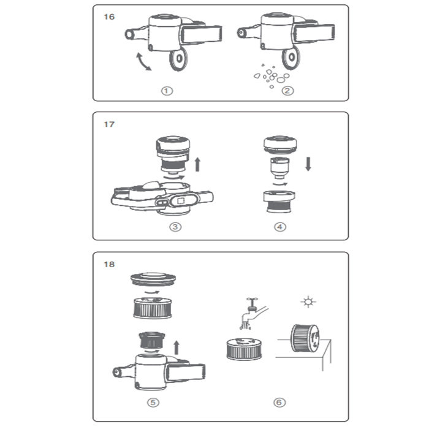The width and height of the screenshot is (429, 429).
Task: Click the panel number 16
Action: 109,17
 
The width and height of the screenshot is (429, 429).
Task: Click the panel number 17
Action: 109,124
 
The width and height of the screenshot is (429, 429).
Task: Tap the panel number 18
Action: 109,265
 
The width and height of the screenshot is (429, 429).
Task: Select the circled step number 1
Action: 167,91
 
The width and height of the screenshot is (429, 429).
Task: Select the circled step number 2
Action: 287,91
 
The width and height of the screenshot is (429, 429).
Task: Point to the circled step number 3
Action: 175,227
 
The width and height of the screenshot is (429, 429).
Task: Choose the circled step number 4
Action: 280,227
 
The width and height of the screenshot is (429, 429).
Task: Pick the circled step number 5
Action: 153,403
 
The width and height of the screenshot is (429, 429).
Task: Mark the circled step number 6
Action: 279,403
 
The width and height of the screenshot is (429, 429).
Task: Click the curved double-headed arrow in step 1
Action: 142,63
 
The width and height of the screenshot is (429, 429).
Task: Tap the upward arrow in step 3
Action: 197,164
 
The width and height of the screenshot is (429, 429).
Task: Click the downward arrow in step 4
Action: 308,164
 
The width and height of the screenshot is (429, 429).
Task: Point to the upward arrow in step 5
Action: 177,347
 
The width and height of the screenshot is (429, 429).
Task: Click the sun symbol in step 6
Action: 308,302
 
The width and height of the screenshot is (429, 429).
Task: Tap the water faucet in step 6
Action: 254,312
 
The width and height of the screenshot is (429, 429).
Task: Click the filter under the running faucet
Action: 244,349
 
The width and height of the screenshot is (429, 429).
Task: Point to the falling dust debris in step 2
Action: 271,76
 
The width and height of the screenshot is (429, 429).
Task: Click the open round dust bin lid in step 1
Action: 178,59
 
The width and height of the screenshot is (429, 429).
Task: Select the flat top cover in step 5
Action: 153,279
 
